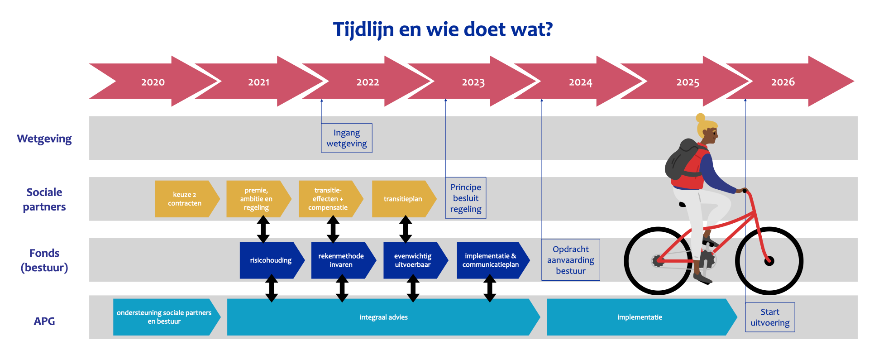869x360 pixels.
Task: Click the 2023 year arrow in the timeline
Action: pos(473,82)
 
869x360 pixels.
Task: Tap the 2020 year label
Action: pos(153,82)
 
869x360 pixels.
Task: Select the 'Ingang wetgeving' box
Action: pos(347,138)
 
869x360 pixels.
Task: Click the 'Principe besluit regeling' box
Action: pos(466,198)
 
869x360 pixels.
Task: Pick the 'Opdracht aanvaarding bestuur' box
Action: pos(570,260)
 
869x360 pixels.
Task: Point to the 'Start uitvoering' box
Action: pos(770,317)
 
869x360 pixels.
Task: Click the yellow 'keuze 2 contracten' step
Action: pos(185,199)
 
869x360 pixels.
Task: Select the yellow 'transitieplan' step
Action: pos(402,199)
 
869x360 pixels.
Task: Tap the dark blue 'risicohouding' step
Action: pos(271,260)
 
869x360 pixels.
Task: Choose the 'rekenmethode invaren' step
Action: pos(341,260)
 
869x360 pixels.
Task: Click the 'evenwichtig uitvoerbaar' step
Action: pos(413,260)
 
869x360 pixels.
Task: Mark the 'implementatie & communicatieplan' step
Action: pos(491,260)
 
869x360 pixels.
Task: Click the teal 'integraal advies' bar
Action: pos(383,317)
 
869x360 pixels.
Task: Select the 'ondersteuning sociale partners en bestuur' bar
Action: pos(164,317)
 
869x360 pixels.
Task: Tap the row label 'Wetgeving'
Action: pos(44,139)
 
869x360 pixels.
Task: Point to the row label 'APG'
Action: pos(44,321)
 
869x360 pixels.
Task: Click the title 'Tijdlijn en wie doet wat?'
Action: pos(443,30)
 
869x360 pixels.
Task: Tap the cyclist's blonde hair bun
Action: pos(701,118)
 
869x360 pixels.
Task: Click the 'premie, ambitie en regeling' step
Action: pos(256,199)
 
